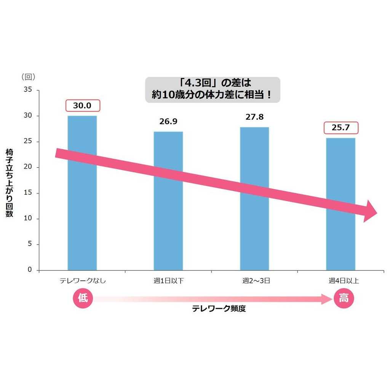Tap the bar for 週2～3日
click(254, 229)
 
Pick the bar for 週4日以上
click(340, 236)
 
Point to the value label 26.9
click(168, 121)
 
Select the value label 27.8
click(254, 117)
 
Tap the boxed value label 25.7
click(341, 128)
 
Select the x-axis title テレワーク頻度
click(219, 308)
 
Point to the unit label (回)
click(29, 77)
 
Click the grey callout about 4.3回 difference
click(213, 90)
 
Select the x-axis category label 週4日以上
click(344, 281)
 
